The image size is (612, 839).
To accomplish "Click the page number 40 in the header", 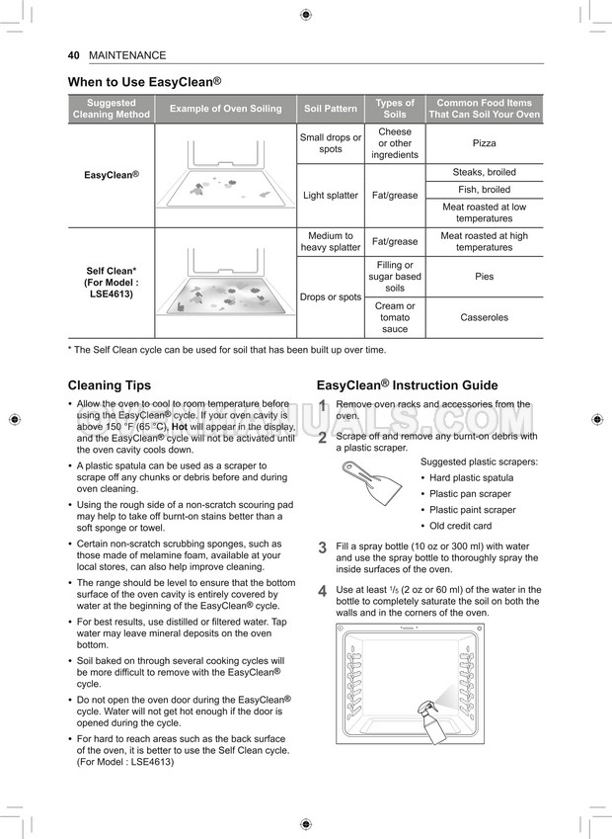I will coord(73,55).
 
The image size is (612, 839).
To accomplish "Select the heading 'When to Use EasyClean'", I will coord(144,82).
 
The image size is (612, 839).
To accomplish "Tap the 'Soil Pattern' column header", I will coord(331,109).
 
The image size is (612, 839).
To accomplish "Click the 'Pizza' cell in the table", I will coord(484,143).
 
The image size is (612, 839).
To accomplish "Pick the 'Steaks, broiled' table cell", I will coord(484,172).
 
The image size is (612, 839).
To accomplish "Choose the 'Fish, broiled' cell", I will coord(484,190).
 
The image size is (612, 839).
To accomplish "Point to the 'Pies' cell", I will coord(484,277).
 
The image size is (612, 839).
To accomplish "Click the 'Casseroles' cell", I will coord(484,317).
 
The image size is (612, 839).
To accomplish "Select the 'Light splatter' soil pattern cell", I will coord(331,196).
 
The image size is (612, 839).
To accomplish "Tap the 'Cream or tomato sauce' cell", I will coord(395,317).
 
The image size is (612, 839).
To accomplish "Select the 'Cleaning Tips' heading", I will coord(110,385).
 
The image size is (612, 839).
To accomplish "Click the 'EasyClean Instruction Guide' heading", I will coord(407,385).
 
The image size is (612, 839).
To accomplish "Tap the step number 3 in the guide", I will coord(322,547).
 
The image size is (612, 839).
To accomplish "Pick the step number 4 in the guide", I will coord(322,591).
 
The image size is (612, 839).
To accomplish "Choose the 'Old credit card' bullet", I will coord(460,526).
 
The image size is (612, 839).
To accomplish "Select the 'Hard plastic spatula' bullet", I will coord(471,478).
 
